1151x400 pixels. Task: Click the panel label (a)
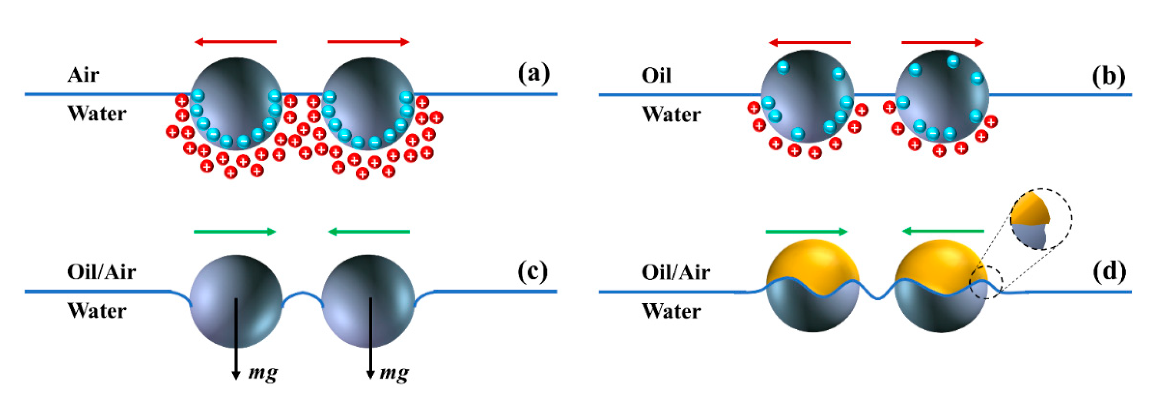(533, 73)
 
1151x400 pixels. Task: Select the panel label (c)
(533, 271)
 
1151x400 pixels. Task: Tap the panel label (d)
(1109, 271)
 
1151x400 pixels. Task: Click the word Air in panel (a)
(83, 75)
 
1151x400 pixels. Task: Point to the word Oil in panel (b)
(656, 76)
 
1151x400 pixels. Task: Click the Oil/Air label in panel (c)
(101, 271)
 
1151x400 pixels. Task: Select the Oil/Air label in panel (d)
(676, 272)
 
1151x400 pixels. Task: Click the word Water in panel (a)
(97, 113)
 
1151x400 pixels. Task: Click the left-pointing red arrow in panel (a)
(235, 42)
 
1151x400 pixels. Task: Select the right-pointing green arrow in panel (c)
(235, 231)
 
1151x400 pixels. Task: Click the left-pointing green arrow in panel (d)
(943, 231)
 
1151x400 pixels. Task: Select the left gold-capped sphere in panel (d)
(812, 286)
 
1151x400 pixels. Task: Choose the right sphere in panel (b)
(942, 96)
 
